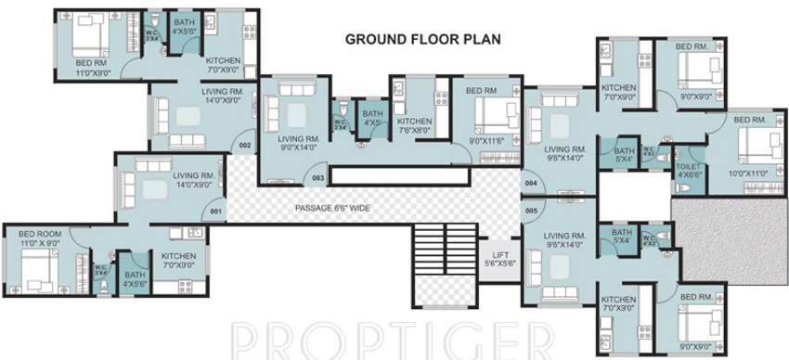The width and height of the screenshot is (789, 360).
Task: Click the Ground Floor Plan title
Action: [422, 39]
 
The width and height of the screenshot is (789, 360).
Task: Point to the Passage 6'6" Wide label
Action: [332, 208]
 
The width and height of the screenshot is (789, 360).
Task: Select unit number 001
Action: [216, 211]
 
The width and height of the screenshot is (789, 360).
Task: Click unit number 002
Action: [245, 146]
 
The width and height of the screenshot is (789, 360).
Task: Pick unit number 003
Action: [317, 177]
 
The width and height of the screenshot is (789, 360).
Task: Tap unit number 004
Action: [531, 184]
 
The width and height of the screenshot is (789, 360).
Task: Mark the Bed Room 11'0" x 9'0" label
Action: [40, 238]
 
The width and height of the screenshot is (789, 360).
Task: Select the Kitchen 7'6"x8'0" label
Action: [413, 126]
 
